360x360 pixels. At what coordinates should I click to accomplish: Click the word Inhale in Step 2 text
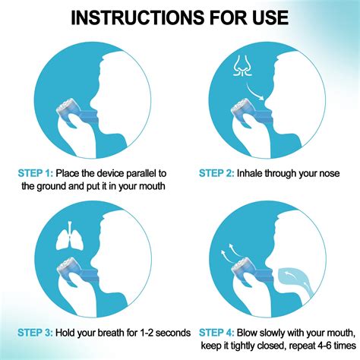coord(256,172)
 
